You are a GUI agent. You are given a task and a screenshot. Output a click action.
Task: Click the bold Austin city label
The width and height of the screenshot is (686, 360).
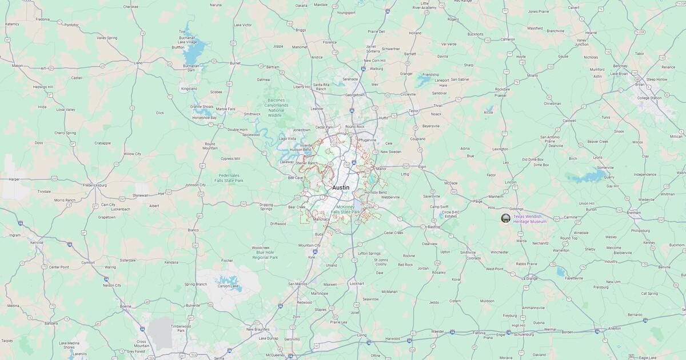click(x=341, y=187)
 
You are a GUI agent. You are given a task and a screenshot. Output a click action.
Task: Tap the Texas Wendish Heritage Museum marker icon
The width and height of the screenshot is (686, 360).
click(x=505, y=218)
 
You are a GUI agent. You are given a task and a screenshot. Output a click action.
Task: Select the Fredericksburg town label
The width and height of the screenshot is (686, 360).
click(x=87, y=185)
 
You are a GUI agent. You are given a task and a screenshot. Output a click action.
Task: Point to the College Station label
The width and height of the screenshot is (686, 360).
click(x=649, y=98)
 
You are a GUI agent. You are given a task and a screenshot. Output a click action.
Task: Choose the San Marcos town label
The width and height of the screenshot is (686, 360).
click(x=298, y=284)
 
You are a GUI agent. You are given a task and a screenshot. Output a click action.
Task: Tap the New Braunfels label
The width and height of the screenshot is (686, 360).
click(x=258, y=329)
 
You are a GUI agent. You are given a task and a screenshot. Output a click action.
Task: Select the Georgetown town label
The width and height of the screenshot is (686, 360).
click(x=354, y=95)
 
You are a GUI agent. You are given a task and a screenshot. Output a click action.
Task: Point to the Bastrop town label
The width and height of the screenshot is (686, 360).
click(x=433, y=227)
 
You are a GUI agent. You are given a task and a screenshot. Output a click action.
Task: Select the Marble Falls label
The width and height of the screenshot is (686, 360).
click(x=225, y=109)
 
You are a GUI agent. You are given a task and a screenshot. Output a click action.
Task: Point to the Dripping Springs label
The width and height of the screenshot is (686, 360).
click(x=266, y=206)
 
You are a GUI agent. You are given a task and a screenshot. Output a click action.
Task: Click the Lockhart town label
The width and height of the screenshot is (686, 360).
click(x=356, y=283)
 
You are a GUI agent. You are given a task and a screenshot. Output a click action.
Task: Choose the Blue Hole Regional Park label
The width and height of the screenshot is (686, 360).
click(x=264, y=253)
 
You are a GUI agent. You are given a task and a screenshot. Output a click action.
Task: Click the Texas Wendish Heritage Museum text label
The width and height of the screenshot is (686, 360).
click(x=530, y=219)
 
